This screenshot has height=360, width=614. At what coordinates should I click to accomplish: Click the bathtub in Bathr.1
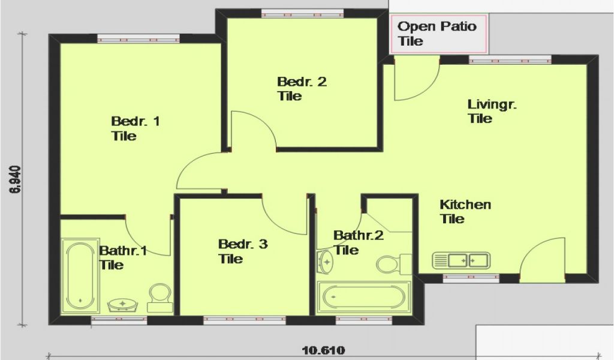click(80, 276)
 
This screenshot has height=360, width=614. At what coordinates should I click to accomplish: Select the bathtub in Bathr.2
click(363, 297)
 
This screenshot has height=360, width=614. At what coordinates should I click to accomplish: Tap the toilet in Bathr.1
click(160, 298)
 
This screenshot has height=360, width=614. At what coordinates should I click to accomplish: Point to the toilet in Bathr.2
click(394, 264)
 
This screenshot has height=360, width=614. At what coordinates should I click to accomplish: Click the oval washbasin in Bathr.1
click(123, 304)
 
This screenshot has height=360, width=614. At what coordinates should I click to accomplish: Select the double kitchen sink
click(461, 261)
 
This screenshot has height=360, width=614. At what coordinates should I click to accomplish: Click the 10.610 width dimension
click(323, 350)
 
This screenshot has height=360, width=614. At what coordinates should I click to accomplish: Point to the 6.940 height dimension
click(16, 179)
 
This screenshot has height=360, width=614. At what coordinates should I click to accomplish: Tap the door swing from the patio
click(417, 79)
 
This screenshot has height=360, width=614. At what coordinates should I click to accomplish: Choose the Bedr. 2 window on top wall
click(303, 14)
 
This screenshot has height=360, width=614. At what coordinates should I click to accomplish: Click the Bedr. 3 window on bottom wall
click(245, 320)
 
